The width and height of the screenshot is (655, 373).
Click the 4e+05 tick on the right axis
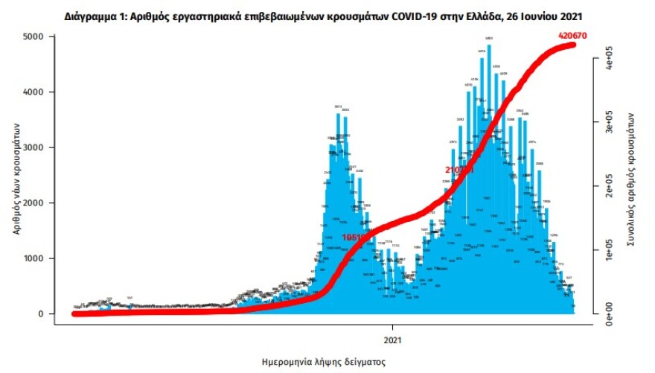pos(609,57)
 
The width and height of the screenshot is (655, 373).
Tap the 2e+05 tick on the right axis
pos(609,185)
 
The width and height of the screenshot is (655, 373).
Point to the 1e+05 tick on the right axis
pos(609,249)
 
